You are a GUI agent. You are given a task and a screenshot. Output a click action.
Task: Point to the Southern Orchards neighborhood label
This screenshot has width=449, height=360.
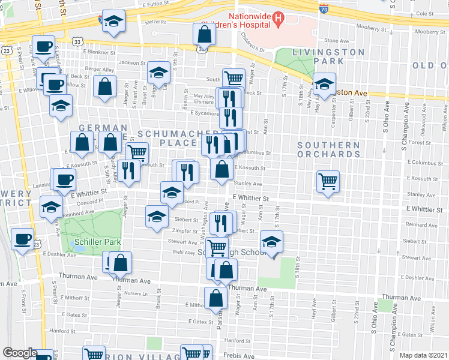[328, 149]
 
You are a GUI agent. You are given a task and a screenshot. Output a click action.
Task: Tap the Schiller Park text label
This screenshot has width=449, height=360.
[97, 242]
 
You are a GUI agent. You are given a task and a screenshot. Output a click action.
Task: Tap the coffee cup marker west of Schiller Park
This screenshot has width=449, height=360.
[23, 239]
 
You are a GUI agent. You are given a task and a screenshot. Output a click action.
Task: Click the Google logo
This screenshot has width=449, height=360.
[20, 352]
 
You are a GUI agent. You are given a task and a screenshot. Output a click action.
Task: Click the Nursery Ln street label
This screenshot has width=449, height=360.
[136, 293]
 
